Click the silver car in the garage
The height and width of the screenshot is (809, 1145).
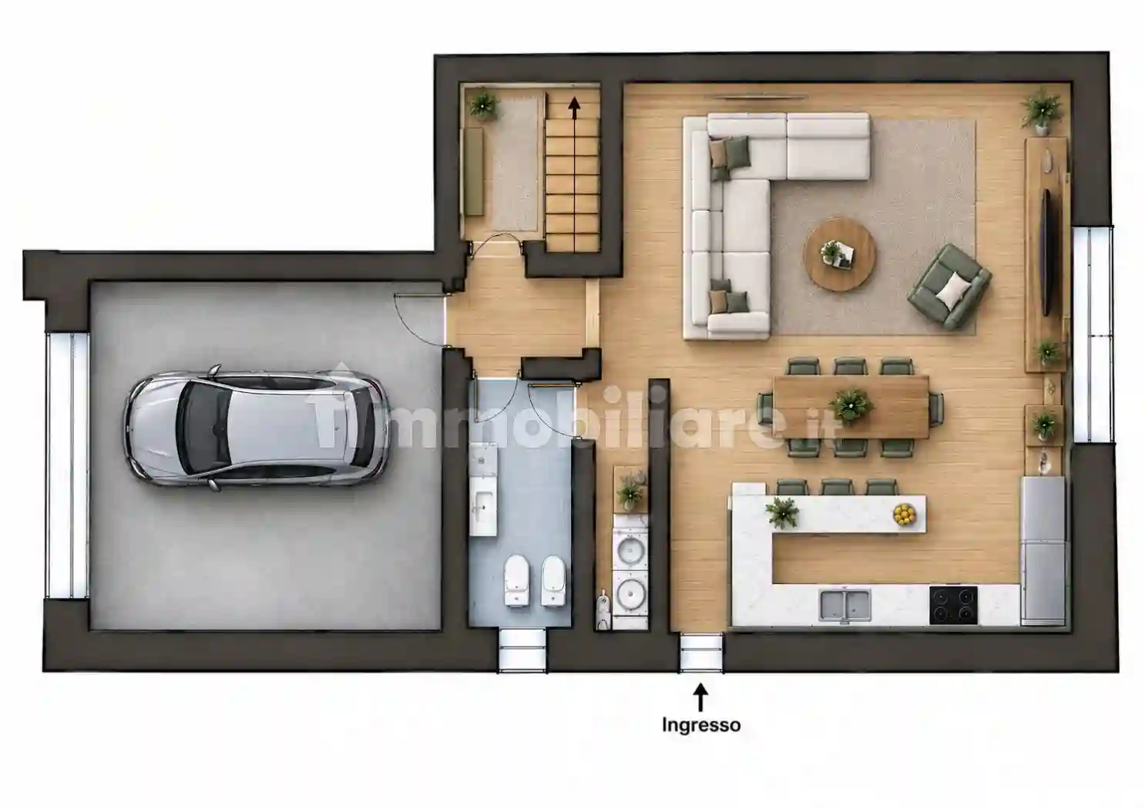coord(256,428)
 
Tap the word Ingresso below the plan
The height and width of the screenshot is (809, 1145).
coord(701,725)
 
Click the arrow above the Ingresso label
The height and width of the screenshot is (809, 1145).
coord(700,697)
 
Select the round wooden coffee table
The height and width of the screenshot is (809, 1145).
coord(840,254)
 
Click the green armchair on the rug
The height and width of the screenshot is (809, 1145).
coord(949,286)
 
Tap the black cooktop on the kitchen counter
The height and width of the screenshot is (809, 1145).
coord(953,605)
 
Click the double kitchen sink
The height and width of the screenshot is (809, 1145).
coord(844,605)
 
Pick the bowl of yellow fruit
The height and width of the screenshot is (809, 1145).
coord(905,514)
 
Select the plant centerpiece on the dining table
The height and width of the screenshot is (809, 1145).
coord(851,405)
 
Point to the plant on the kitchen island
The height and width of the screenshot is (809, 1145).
coord(782,512)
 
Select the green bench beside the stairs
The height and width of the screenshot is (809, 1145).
coord(473,171)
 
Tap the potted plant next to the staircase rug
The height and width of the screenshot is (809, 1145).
coord(484,105)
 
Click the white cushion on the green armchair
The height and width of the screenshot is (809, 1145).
coord(954,290)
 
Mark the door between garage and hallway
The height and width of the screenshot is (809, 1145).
coord(418,321)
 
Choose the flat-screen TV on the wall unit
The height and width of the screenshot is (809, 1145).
coord(1046,251)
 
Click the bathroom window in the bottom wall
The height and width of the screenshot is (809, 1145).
coord(522,651)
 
